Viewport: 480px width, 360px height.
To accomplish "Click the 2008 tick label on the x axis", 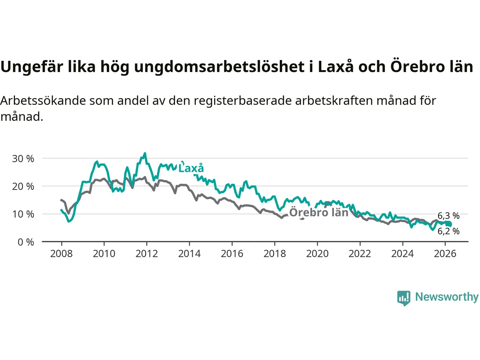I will (61, 254).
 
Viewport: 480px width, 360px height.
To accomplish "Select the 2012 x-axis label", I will (147, 254).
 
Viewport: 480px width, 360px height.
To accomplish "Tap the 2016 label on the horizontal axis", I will (232, 254).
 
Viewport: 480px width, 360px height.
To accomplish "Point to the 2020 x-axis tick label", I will (317, 254).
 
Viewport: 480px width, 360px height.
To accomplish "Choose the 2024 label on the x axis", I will (402, 254).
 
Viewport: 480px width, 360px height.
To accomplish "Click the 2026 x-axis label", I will (445, 254).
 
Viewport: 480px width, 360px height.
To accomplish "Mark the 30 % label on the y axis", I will (23, 159).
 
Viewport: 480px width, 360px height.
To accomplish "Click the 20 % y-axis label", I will (23, 186).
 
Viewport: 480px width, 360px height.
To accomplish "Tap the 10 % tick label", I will (23, 214).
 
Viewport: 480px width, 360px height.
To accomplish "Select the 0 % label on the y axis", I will (26, 242).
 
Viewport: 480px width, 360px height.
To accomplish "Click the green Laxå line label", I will (191, 168).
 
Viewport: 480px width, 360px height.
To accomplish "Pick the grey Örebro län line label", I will (319, 213).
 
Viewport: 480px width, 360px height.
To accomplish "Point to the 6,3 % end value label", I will (448, 216).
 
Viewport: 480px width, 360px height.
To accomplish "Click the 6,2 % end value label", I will (448, 231).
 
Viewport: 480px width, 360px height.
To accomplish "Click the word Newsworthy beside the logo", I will (447, 297).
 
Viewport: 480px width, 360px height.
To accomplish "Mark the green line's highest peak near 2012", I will (145, 153).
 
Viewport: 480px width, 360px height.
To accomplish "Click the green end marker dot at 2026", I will (449, 224).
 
